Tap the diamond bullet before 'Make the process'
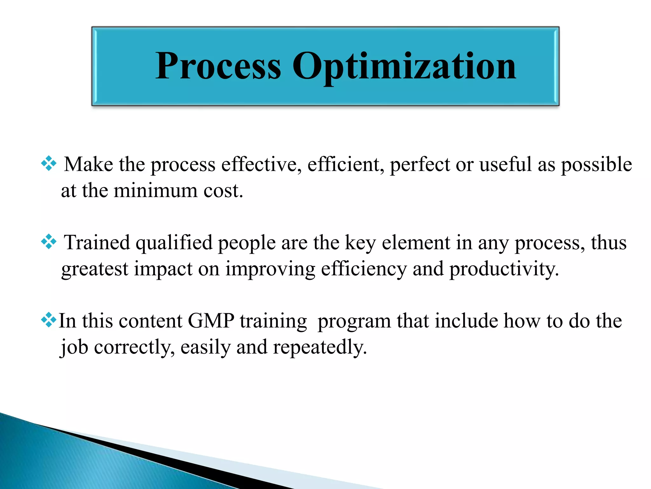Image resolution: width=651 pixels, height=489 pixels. coord(49,164)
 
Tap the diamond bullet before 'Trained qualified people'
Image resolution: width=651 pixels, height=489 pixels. coord(49,242)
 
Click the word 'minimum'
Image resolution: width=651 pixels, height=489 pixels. coord(155,191)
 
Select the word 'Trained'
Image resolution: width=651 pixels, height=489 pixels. coord(97,243)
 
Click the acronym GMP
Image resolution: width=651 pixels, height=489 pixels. coord(211,321)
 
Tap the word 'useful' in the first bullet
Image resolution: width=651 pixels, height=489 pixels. coord(505,165)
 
